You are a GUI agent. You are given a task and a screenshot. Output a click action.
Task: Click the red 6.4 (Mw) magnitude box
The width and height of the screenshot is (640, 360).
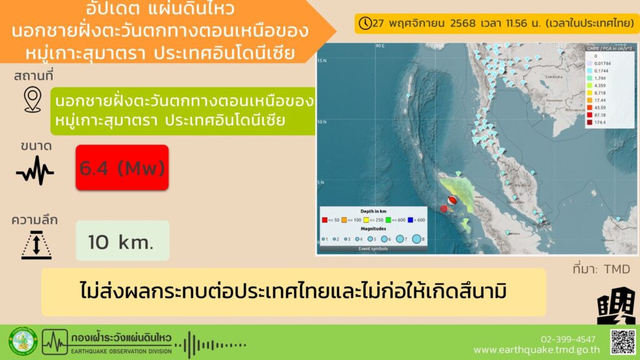tap(122, 167)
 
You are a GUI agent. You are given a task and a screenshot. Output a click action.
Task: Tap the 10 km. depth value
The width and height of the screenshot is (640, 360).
tap(122, 241)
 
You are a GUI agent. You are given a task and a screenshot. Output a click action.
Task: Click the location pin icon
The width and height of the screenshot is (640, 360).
tap(32, 100)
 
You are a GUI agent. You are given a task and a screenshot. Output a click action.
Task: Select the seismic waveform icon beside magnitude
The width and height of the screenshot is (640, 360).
tap(35, 170)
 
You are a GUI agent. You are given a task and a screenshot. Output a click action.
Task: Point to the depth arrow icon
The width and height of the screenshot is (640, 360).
tap(36, 244)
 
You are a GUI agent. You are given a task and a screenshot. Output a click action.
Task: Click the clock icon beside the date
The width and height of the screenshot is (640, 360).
tap(365, 23)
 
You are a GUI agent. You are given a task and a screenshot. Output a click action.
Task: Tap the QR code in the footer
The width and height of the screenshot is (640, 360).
tap(622, 341)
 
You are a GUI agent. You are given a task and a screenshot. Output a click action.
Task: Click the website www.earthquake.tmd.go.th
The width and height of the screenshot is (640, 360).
tap(537, 350)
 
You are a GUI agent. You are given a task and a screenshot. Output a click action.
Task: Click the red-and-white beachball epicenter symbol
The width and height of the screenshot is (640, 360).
tap(451, 200)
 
